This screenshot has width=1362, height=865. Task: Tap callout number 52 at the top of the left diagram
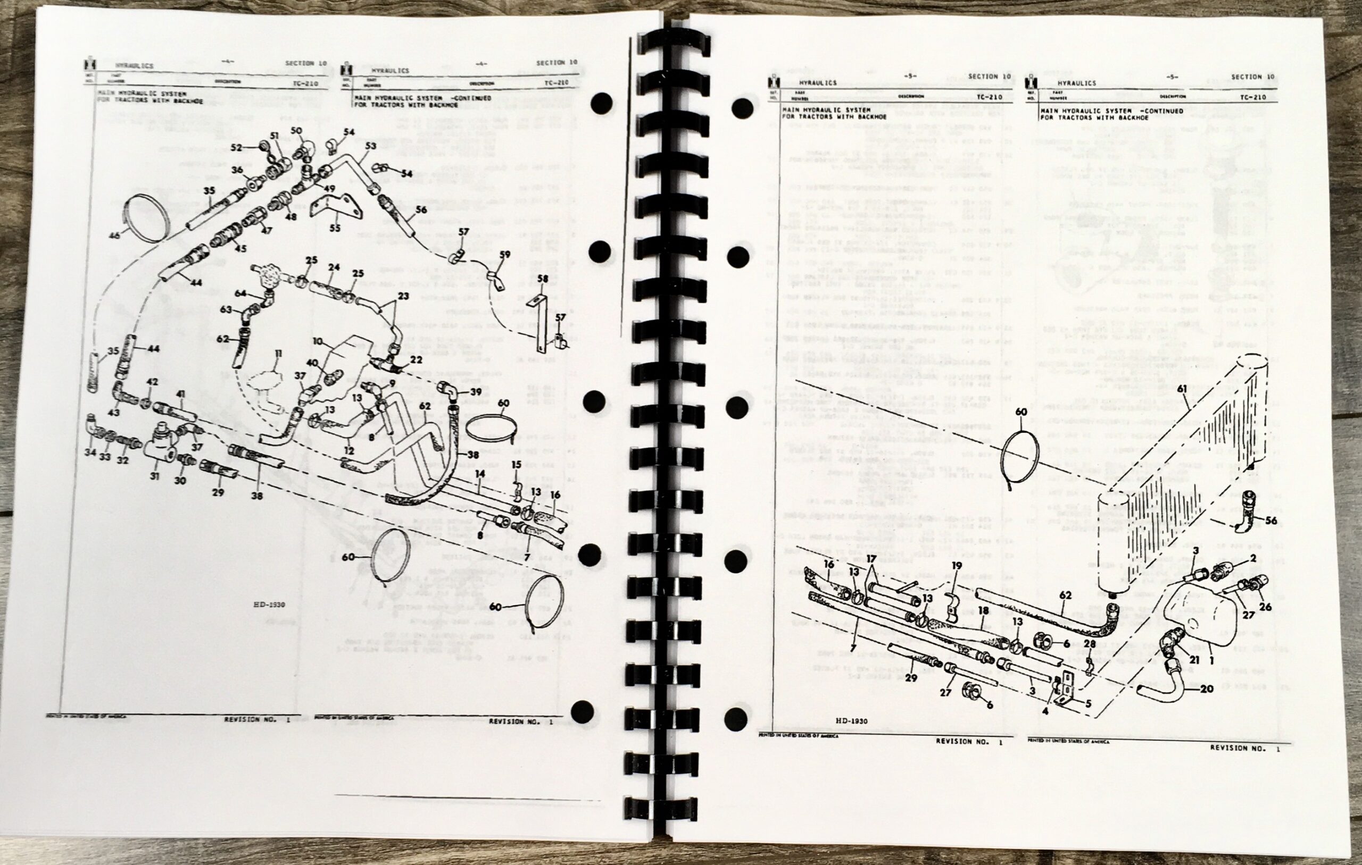[236, 148]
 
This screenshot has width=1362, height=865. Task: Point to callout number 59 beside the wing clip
[504, 255]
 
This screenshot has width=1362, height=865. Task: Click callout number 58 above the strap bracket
[543, 279]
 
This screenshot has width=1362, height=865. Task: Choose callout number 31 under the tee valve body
[154, 476]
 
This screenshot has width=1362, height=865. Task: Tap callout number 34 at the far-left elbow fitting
[90, 452]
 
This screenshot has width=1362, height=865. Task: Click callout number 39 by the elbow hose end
[476, 392]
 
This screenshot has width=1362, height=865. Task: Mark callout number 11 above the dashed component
[277, 355]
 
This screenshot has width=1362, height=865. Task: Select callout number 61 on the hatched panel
[1182, 389]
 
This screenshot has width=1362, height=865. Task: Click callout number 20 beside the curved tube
[1207, 688]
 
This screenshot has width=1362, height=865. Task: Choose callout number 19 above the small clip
[957, 565]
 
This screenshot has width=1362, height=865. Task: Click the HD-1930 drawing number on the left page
[269, 604]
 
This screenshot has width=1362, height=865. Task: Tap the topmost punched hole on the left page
[601, 104]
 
